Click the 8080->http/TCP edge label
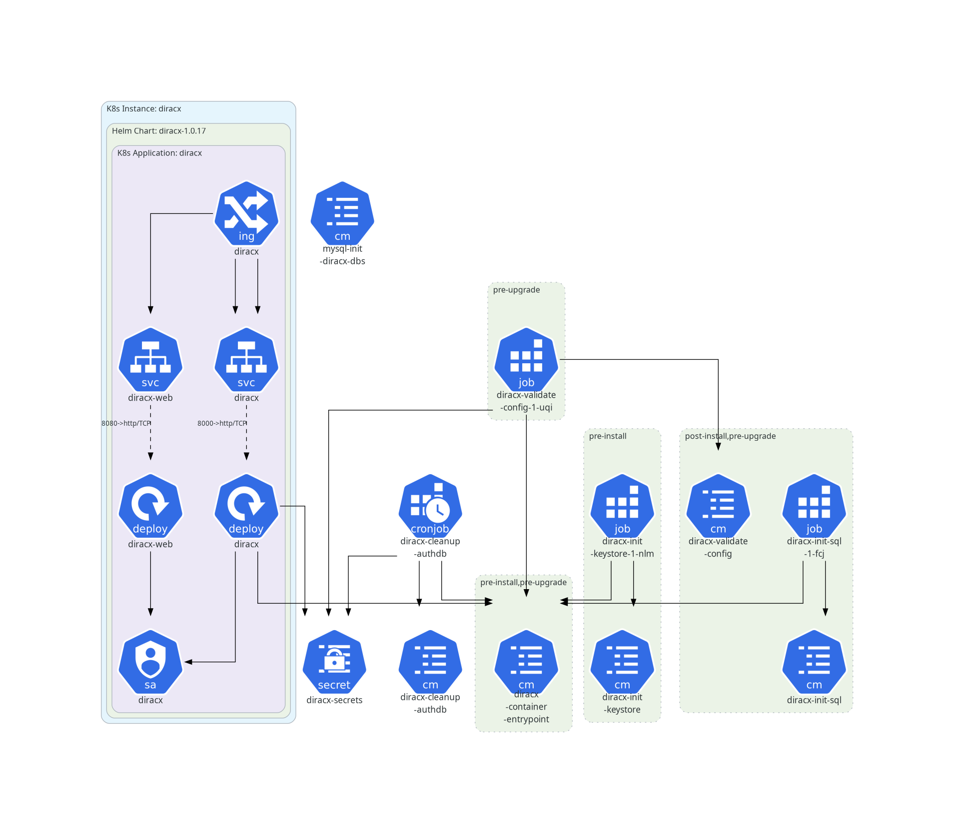point(126,423)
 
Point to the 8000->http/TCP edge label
point(222,423)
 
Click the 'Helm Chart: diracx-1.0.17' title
point(158,131)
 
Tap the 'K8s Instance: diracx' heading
point(143,109)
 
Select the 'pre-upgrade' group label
point(516,290)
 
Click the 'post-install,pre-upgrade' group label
point(730,436)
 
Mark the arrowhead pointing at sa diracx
point(188,662)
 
